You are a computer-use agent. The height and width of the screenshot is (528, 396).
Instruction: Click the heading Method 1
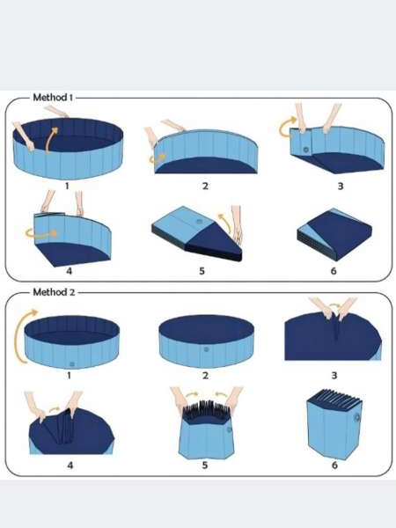(53, 98)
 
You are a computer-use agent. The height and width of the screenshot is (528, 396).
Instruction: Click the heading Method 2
(54, 292)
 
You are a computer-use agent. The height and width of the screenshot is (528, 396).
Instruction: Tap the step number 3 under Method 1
(341, 187)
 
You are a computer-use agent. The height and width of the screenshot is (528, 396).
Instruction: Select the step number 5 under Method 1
(202, 271)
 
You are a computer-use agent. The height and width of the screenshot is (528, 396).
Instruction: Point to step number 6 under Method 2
(334, 465)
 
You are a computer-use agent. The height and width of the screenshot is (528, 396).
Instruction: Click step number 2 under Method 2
(205, 375)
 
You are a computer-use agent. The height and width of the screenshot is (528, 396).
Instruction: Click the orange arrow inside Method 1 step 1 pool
(51, 139)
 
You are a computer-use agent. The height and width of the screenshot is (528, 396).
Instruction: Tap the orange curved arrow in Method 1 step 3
(287, 128)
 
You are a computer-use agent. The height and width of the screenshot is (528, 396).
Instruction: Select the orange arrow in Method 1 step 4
(41, 233)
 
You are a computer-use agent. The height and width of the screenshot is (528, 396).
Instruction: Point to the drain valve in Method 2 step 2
(206, 349)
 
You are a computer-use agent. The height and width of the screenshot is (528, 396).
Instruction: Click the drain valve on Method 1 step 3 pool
(305, 150)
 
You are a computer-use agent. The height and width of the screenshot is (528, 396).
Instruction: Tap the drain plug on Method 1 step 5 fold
(200, 222)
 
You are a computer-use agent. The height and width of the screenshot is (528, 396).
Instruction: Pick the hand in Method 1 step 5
(237, 224)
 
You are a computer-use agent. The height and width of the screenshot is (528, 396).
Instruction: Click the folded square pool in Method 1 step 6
(334, 234)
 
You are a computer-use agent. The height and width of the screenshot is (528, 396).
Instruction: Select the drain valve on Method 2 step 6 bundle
(356, 418)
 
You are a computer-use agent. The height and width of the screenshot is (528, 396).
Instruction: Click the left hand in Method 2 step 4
(36, 406)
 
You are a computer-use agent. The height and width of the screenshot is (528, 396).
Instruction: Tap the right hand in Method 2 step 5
(234, 400)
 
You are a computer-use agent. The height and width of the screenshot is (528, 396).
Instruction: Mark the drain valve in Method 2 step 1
(72, 364)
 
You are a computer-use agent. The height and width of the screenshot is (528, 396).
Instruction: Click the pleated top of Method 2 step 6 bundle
(334, 399)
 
